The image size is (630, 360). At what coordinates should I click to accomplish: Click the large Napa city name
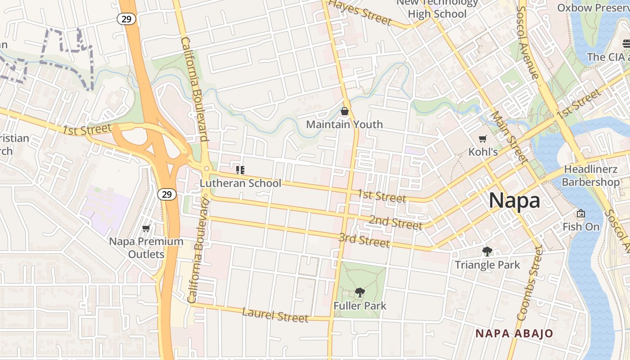coord(514,200)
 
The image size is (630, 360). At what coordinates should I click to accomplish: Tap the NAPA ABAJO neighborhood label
coord(514,333)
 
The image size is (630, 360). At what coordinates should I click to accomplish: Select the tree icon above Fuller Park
coord(360,293)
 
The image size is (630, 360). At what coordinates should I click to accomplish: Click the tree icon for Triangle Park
coord(487,252)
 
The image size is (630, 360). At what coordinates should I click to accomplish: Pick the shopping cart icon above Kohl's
coord(483,139)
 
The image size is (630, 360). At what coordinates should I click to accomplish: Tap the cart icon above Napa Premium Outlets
coord(146,229)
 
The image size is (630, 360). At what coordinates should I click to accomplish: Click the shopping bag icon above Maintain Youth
coord(345,111)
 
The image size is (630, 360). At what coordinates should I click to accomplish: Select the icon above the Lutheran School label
coord(240,170)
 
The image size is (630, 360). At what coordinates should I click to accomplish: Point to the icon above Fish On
coord(581,213)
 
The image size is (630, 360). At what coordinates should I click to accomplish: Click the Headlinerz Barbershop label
coord(590,176)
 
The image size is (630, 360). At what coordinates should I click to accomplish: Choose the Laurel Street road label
coord(275,315)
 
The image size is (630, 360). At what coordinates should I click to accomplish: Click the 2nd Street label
coord(395,222)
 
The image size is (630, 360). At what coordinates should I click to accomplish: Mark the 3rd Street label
coord(364,240)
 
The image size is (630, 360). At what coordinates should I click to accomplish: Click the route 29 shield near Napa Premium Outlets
coord(166,194)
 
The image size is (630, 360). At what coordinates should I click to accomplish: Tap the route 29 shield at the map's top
coord(126,19)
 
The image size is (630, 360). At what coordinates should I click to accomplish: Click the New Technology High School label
coord(437,9)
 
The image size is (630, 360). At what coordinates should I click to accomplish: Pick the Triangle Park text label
coord(487,265)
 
